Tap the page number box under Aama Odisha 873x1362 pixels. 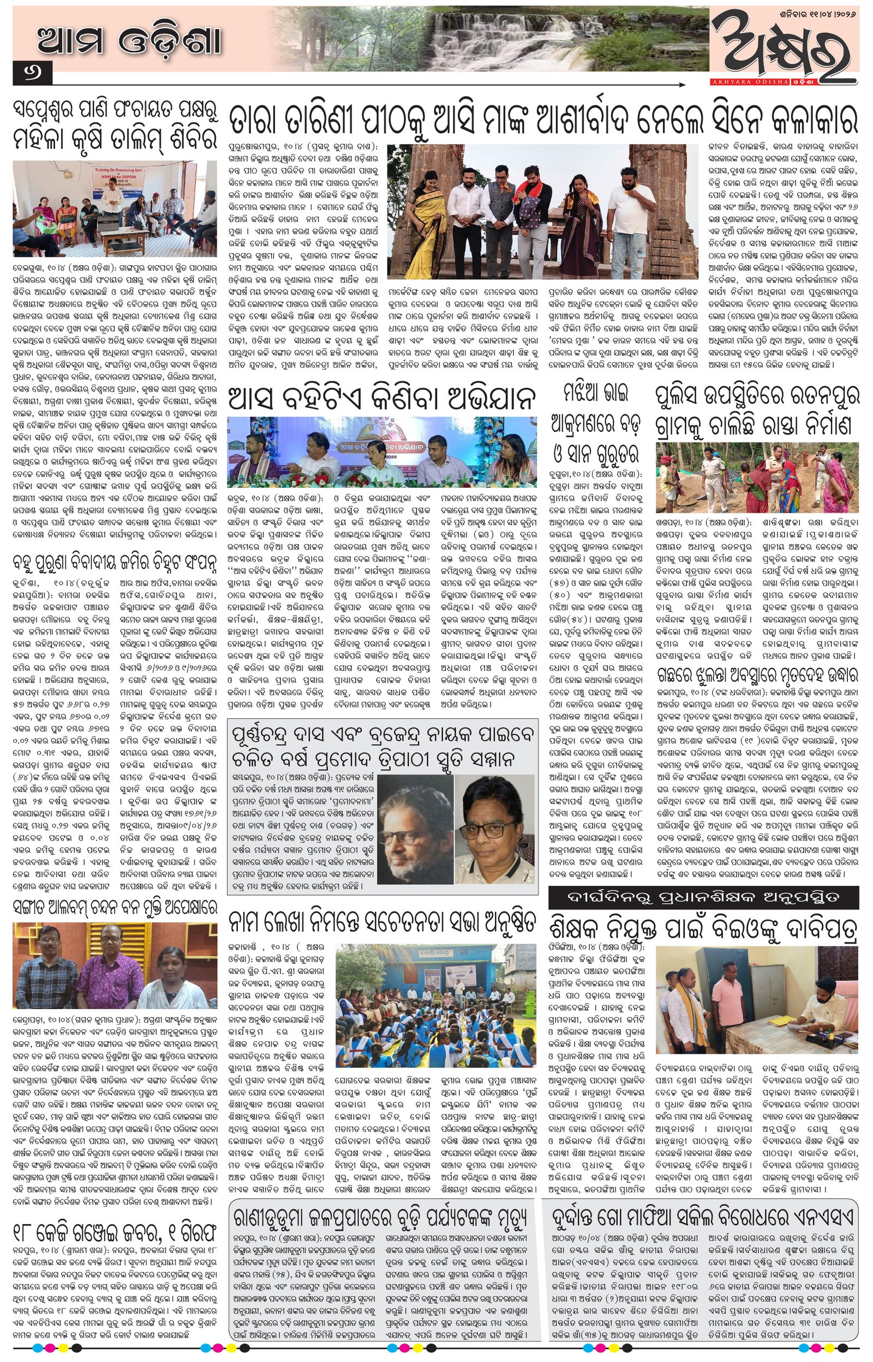click(32, 73)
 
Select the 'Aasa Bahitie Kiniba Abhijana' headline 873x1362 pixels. click(381, 398)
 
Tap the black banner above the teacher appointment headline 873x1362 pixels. click(703, 897)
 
